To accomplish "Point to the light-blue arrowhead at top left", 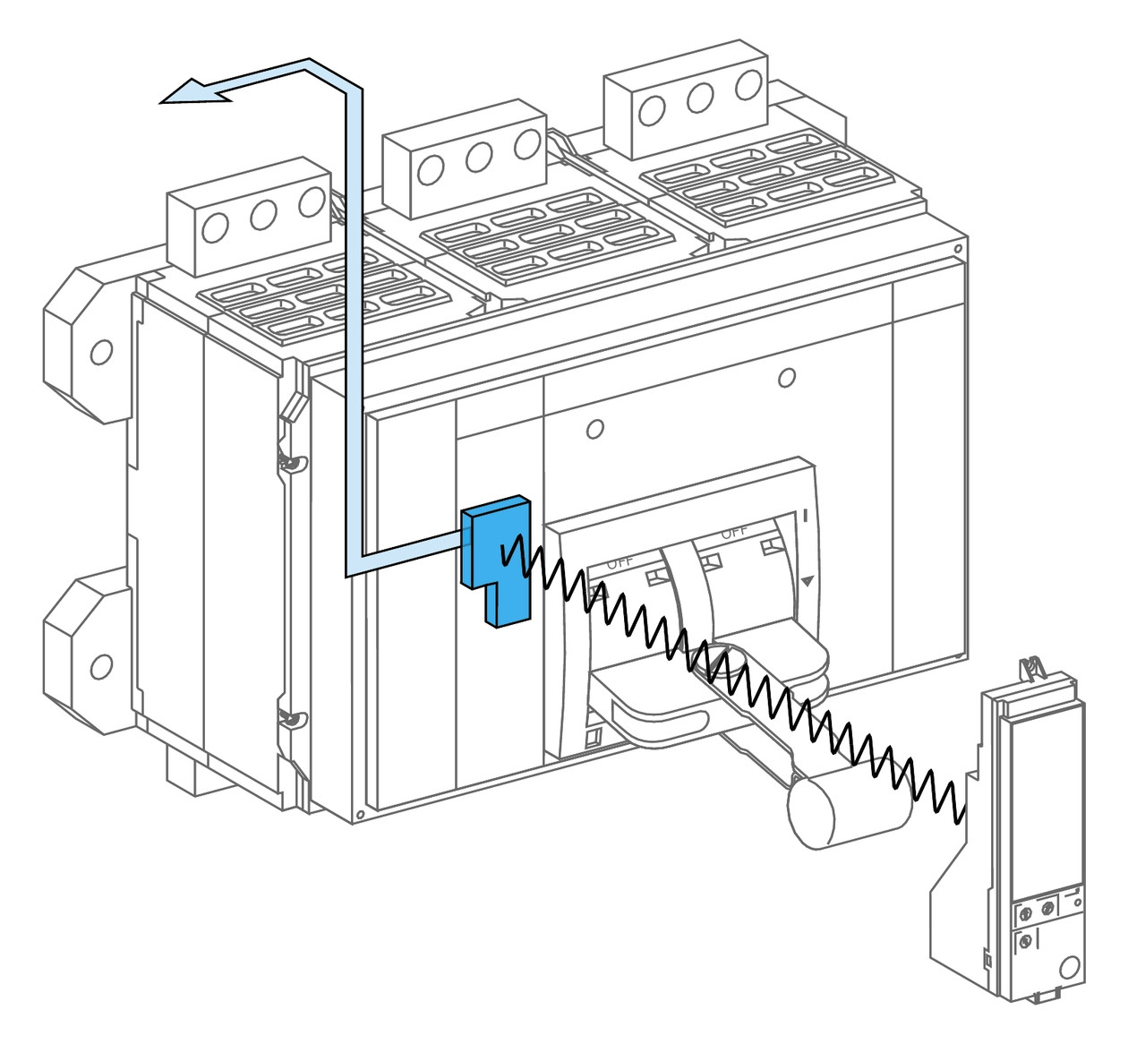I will pos(192,92).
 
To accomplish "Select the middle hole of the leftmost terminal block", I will pos(262,216).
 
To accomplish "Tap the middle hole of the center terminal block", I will pos(479,158).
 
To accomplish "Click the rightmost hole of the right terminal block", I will pos(748,86).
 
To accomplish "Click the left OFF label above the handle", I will pos(620,563).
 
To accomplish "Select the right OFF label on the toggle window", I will pos(733,532).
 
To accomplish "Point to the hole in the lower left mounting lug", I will pos(102,666).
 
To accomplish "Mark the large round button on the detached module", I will pos(1067,968).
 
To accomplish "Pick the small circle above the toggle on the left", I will pos(594,430).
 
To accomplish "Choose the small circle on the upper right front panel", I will pos(786,378).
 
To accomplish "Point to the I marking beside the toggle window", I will pos(806,516).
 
